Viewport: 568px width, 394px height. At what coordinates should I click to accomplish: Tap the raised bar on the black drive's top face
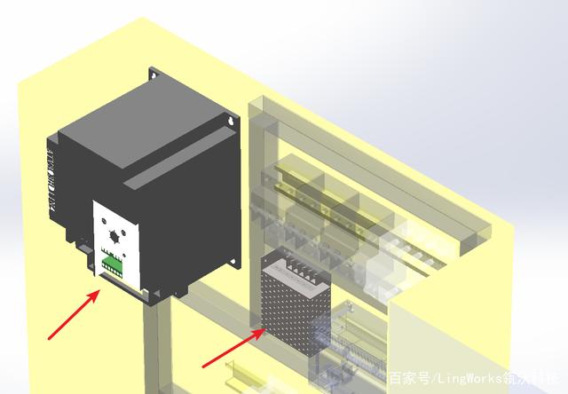(x=177, y=160)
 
